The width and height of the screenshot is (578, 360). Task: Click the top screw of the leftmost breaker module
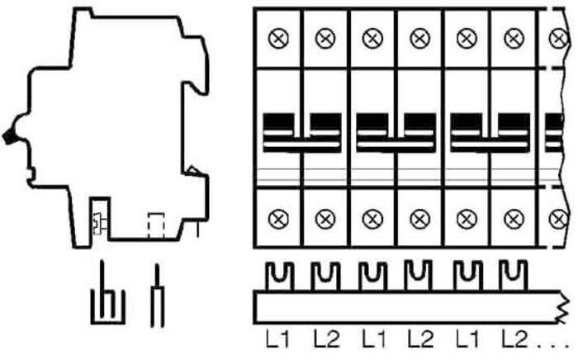pos(279,38)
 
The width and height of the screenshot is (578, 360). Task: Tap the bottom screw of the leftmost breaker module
pos(279,219)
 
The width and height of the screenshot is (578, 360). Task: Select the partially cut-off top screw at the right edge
pos(557,38)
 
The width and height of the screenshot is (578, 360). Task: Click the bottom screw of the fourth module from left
pos(419,220)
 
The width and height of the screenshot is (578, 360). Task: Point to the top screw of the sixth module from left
pos(514,38)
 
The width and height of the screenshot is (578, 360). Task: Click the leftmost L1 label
pos(278,339)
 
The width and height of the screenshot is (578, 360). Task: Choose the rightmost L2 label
pos(514,339)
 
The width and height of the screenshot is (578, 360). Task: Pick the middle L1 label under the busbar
pos(373,339)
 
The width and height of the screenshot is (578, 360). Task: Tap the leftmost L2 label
pos(326,339)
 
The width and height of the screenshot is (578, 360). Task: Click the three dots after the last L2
pos(554,346)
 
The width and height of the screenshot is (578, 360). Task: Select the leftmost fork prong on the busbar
pos(279,277)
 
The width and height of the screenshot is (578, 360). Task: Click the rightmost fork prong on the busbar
pos(513,276)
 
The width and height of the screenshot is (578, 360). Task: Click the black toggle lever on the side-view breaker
pos(9,136)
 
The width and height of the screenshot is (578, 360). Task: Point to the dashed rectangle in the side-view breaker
pos(156,225)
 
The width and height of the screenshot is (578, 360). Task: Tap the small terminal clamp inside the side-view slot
pos(99,224)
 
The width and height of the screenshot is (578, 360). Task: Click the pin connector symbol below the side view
pos(157,296)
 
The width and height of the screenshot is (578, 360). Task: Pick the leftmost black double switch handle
pos(302,133)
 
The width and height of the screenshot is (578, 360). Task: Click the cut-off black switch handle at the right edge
pos(554,133)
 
